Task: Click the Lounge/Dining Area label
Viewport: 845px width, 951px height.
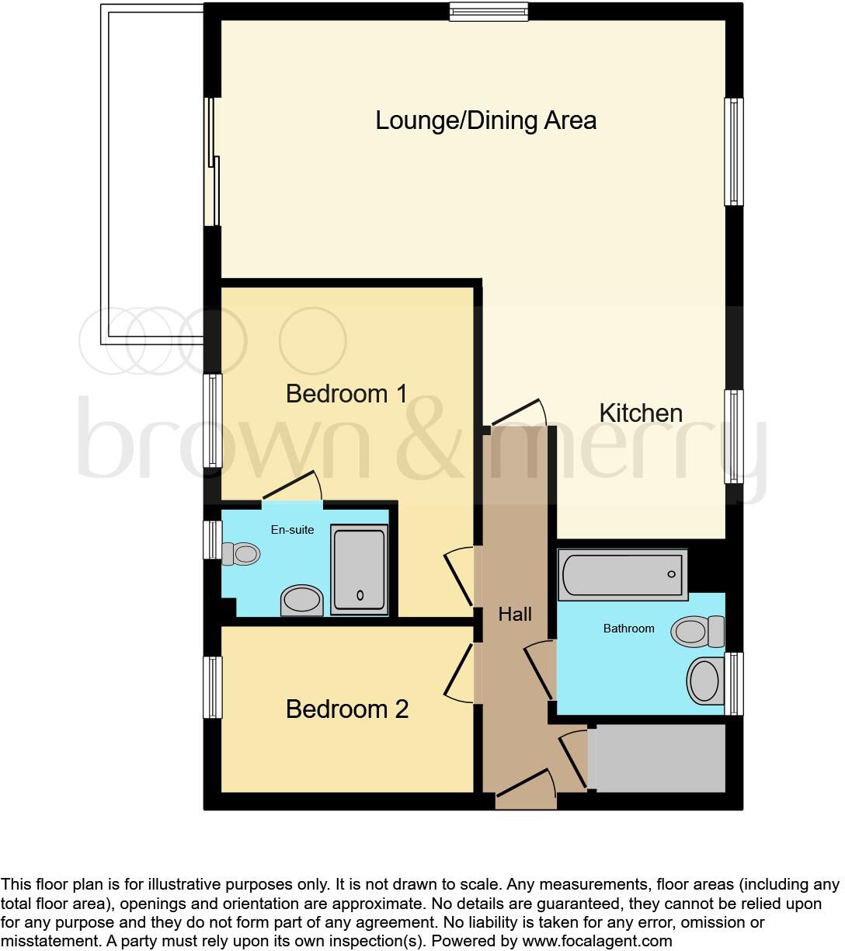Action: pyautogui.click(x=485, y=120)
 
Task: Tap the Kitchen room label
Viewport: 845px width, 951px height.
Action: pyautogui.click(x=641, y=413)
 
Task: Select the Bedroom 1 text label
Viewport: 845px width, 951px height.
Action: pyautogui.click(x=346, y=394)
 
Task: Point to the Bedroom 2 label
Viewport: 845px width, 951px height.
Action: pyautogui.click(x=347, y=709)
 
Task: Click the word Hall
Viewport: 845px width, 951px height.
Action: pyautogui.click(x=515, y=615)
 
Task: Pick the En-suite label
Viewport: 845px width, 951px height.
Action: pyautogui.click(x=292, y=530)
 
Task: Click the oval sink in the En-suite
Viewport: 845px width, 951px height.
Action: pyautogui.click(x=301, y=600)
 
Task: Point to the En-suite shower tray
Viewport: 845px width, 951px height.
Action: pyautogui.click(x=359, y=570)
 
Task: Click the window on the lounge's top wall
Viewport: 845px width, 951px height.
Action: pyautogui.click(x=489, y=11)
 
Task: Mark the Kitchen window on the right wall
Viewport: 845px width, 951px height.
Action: pyautogui.click(x=734, y=437)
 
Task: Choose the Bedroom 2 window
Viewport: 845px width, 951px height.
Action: pyautogui.click(x=213, y=688)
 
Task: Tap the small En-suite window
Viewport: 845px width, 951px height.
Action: pyautogui.click(x=212, y=540)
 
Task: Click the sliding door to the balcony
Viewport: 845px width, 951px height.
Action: pyautogui.click(x=212, y=162)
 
